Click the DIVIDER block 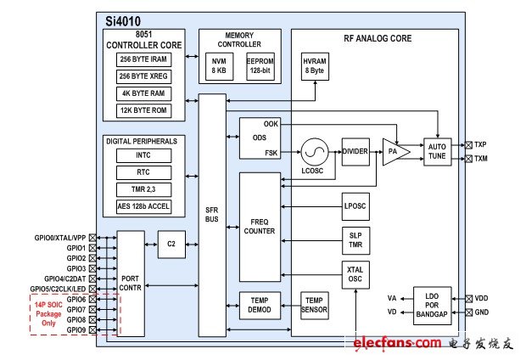pos(355,151)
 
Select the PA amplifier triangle pos(394,151)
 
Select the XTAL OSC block pos(355,276)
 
